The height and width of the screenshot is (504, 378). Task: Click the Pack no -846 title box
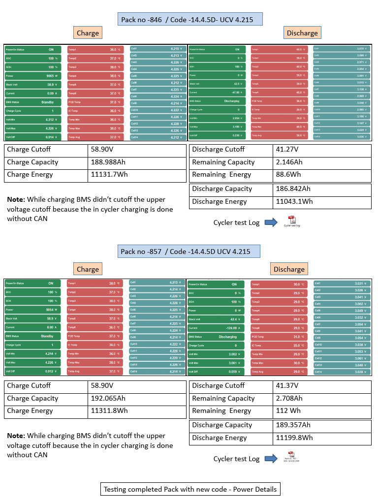[190, 19]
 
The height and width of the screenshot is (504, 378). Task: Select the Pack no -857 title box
[189, 252]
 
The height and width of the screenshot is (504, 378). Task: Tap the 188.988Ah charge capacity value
[109, 162]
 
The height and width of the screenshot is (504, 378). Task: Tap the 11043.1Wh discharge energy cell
[296, 201]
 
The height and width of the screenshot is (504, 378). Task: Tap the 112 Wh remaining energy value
[287, 411]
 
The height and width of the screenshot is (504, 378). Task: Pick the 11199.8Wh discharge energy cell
[296, 438]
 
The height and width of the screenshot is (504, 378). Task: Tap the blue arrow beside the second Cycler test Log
[271, 459]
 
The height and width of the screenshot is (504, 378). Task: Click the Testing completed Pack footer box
[190, 489]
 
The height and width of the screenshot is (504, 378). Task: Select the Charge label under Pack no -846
[88, 33]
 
